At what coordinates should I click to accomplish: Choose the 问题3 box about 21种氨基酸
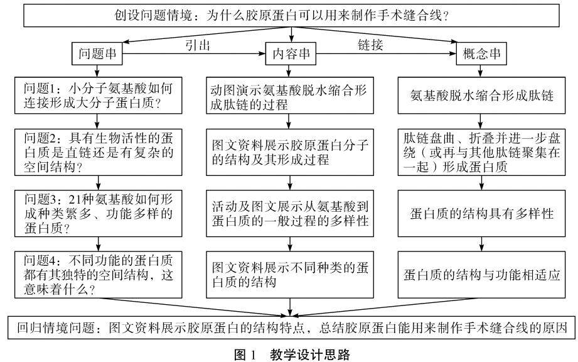[97, 212]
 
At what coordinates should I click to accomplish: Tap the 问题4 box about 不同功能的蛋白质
[97, 274]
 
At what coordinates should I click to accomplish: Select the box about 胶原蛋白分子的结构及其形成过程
[289, 152]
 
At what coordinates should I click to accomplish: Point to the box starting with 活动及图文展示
[289, 213]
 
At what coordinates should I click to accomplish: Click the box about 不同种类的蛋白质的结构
[289, 274]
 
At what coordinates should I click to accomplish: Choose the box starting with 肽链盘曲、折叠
[481, 151]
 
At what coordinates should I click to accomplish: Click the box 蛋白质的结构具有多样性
[481, 213]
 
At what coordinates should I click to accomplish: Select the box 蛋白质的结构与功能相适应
[481, 274]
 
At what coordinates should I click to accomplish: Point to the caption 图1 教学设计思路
[289, 354]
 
